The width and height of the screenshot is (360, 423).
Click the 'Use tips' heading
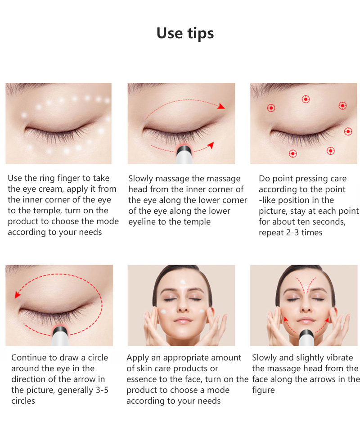(185, 33)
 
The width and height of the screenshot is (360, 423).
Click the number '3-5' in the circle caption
(102, 390)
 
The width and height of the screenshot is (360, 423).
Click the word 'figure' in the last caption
(263, 391)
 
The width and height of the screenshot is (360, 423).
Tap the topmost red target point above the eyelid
(306, 99)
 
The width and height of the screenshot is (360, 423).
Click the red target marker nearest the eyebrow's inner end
(271, 108)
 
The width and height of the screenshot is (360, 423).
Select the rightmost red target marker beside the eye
(348, 131)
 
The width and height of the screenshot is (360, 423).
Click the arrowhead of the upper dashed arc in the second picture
(221, 106)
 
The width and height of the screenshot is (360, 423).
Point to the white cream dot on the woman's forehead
(183, 283)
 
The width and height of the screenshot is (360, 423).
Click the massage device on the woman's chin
(306, 337)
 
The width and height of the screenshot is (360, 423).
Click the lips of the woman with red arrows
(305, 320)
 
